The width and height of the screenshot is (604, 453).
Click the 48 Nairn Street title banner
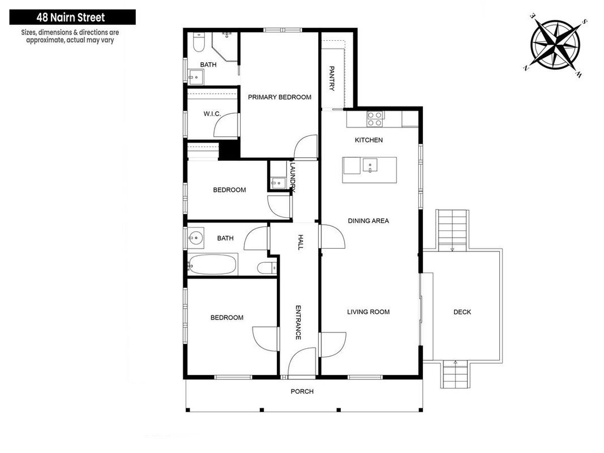72,18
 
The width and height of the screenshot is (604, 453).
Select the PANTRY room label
332,78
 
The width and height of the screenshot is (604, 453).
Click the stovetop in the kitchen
375,119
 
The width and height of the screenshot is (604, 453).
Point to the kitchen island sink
369,165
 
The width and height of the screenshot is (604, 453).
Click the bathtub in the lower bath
212,264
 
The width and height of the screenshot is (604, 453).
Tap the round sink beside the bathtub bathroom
196,238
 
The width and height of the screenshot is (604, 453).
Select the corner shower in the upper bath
225,46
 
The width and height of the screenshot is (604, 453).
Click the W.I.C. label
212,114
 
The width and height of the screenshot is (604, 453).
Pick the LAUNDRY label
293,177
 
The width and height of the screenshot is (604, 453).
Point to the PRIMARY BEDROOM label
280,97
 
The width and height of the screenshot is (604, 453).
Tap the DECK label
462,312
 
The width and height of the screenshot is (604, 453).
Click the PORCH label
302,391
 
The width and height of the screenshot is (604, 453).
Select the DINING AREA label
369,221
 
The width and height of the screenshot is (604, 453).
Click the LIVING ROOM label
369,311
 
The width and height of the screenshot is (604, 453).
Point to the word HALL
301,242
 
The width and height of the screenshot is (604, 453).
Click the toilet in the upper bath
199,42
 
